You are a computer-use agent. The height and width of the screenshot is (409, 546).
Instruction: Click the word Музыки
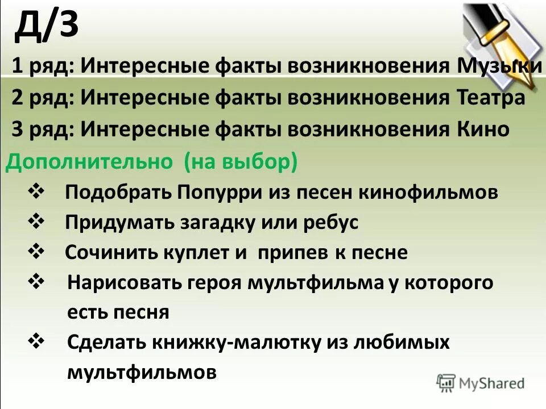[x=499, y=66]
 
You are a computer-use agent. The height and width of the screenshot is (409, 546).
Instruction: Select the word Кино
[x=483, y=130]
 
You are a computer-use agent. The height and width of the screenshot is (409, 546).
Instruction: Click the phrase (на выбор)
[x=241, y=162]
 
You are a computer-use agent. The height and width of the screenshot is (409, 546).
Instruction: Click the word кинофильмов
[x=428, y=192]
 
